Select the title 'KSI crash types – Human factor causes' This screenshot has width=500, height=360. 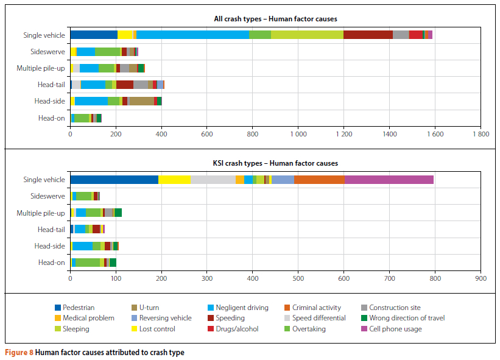[x=270, y=163]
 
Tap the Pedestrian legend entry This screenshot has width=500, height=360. [x=79, y=308]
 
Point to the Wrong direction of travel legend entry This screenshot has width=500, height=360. [x=407, y=319]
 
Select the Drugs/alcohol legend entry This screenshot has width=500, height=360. [x=237, y=329]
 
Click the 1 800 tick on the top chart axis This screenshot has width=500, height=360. [x=481, y=133]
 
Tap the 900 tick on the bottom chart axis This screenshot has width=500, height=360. [x=481, y=278]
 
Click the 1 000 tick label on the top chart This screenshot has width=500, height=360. [x=298, y=133]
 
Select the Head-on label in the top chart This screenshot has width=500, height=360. [x=51, y=118]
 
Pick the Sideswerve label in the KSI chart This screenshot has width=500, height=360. [x=48, y=196]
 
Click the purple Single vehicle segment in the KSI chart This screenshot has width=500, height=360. [x=389, y=179]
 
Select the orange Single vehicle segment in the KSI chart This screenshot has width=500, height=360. [x=319, y=179]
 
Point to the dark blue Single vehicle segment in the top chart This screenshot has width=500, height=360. [x=94, y=35]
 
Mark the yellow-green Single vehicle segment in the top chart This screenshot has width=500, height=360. [x=307, y=35]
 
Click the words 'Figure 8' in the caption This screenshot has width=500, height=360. [x=19, y=353]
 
